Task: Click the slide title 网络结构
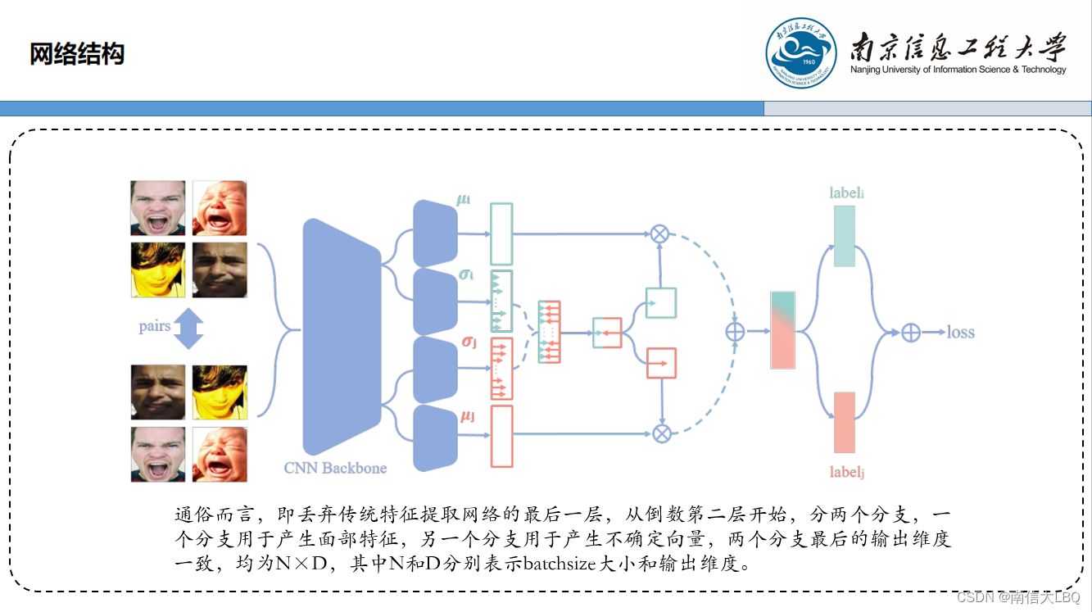pyautogui.click(x=77, y=55)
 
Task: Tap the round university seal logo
pyautogui.click(x=801, y=53)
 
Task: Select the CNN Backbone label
pyautogui.click(x=335, y=468)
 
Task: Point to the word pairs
pyautogui.click(x=155, y=326)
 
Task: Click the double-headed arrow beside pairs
pyautogui.click(x=188, y=328)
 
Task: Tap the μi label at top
pyautogui.click(x=464, y=200)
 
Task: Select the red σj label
pyautogui.click(x=469, y=340)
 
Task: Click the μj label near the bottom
pyautogui.click(x=468, y=417)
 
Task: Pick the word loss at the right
pyautogui.click(x=961, y=333)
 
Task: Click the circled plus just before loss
pyautogui.click(x=911, y=333)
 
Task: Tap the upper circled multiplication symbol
pyautogui.click(x=660, y=233)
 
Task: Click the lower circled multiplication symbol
pyautogui.click(x=661, y=433)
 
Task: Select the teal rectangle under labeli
pyautogui.click(x=844, y=236)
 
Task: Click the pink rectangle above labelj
pyautogui.click(x=844, y=423)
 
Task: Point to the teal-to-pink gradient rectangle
pyautogui.click(x=782, y=330)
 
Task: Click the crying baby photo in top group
pyautogui.click(x=220, y=208)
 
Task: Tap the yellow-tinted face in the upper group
pyautogui.click(x=158, y=270)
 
